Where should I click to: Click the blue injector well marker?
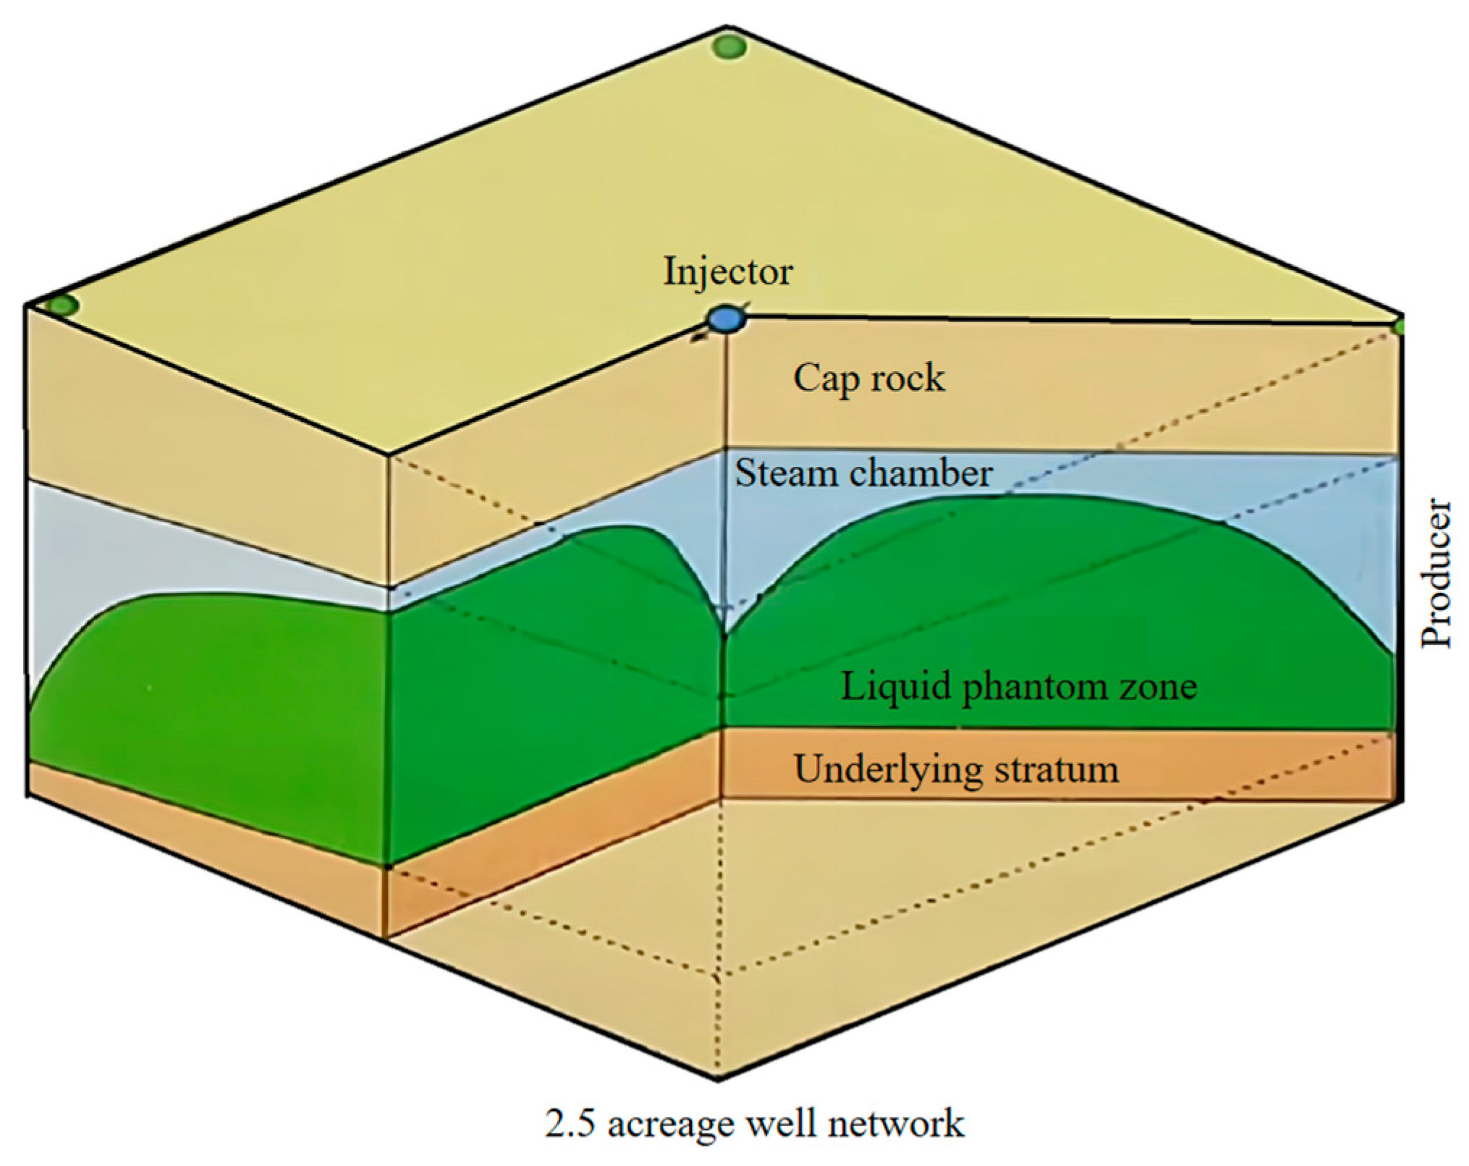(x=726, y=319)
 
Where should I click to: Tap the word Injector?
(x=728, y=272)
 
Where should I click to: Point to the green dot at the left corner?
(x=62, y=305)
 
